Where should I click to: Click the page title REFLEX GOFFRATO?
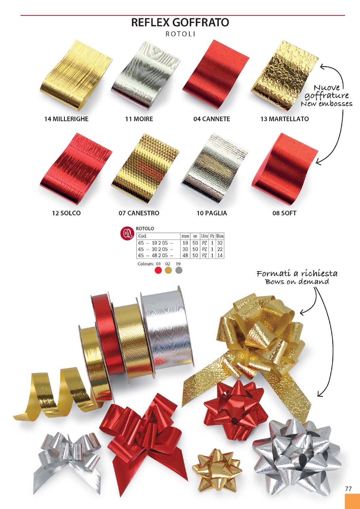[x=180, y=23]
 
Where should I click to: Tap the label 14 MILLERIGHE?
[x=67, y=119]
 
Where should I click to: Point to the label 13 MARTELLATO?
[x=285, y=119]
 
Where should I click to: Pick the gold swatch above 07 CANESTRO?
[x=145, y=168]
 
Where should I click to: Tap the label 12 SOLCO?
[x=67, y=213]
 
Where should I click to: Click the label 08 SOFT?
[x=285, y=213]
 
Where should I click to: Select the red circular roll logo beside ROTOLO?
[x=127, y=233]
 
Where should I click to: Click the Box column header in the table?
[x=220, y=236]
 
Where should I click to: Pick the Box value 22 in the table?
[x=220, y=249]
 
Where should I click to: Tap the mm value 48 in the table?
[x=185, y=256]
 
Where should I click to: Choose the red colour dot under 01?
[x=158, y=270]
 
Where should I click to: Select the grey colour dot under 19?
[x=179, y=270]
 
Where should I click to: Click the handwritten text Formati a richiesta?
[x=297, y=274]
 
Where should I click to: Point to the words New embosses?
[x=327, y=104]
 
